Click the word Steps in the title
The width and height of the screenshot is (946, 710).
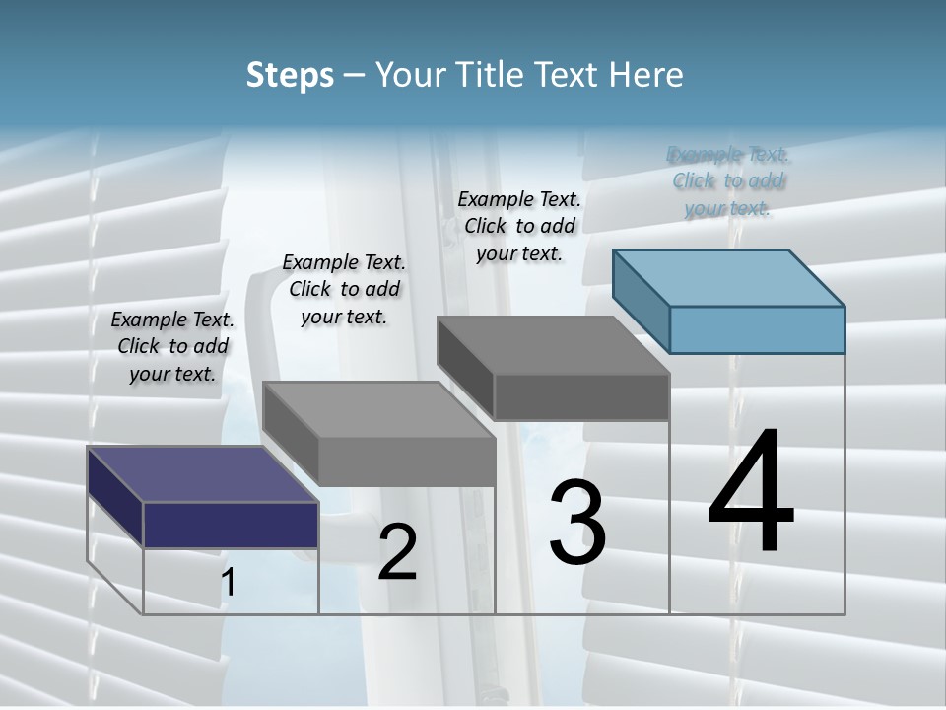[x=290, y=75]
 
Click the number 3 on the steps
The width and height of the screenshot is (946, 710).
[x=577, y=523]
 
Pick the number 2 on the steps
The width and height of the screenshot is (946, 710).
[x=397, y=552]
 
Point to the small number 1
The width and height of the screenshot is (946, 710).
[x=228, y=583]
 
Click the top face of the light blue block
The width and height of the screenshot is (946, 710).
[x=728, y=277]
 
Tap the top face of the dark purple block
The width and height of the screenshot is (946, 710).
[x=203, y=474]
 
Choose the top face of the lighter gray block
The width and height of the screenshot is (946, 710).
[x=378, y=409]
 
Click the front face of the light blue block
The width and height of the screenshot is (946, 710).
[x=757, y=329]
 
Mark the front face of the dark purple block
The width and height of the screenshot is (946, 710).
[x=231, y=525]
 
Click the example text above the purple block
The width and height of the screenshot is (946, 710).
[x=172, y=346]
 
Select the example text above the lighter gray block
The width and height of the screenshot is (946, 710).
[x=344, y=289]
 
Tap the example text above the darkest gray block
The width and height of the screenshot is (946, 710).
[x=519, y=226]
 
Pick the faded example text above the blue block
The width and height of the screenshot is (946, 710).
[x=728, y=180]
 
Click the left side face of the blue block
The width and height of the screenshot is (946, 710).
[x=641, y=300]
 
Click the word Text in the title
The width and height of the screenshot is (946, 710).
[x=575, y=75]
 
